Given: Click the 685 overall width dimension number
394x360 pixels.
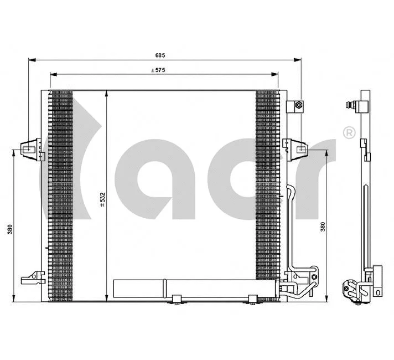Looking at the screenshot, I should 160,55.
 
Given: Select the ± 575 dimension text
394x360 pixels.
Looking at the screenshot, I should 159,70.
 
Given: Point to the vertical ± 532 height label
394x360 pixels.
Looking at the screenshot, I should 102,199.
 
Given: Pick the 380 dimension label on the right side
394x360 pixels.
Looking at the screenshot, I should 323,227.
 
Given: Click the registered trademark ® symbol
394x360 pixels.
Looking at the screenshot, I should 349,132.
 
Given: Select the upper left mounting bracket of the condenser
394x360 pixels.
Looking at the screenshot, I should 30,149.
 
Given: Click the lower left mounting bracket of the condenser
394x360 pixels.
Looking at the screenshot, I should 33,277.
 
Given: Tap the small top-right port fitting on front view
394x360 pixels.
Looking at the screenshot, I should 297,105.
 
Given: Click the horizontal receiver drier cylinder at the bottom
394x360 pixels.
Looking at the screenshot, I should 194,287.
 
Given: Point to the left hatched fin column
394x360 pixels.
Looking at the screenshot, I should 61,194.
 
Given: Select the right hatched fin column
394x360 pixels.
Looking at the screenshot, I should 268,188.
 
